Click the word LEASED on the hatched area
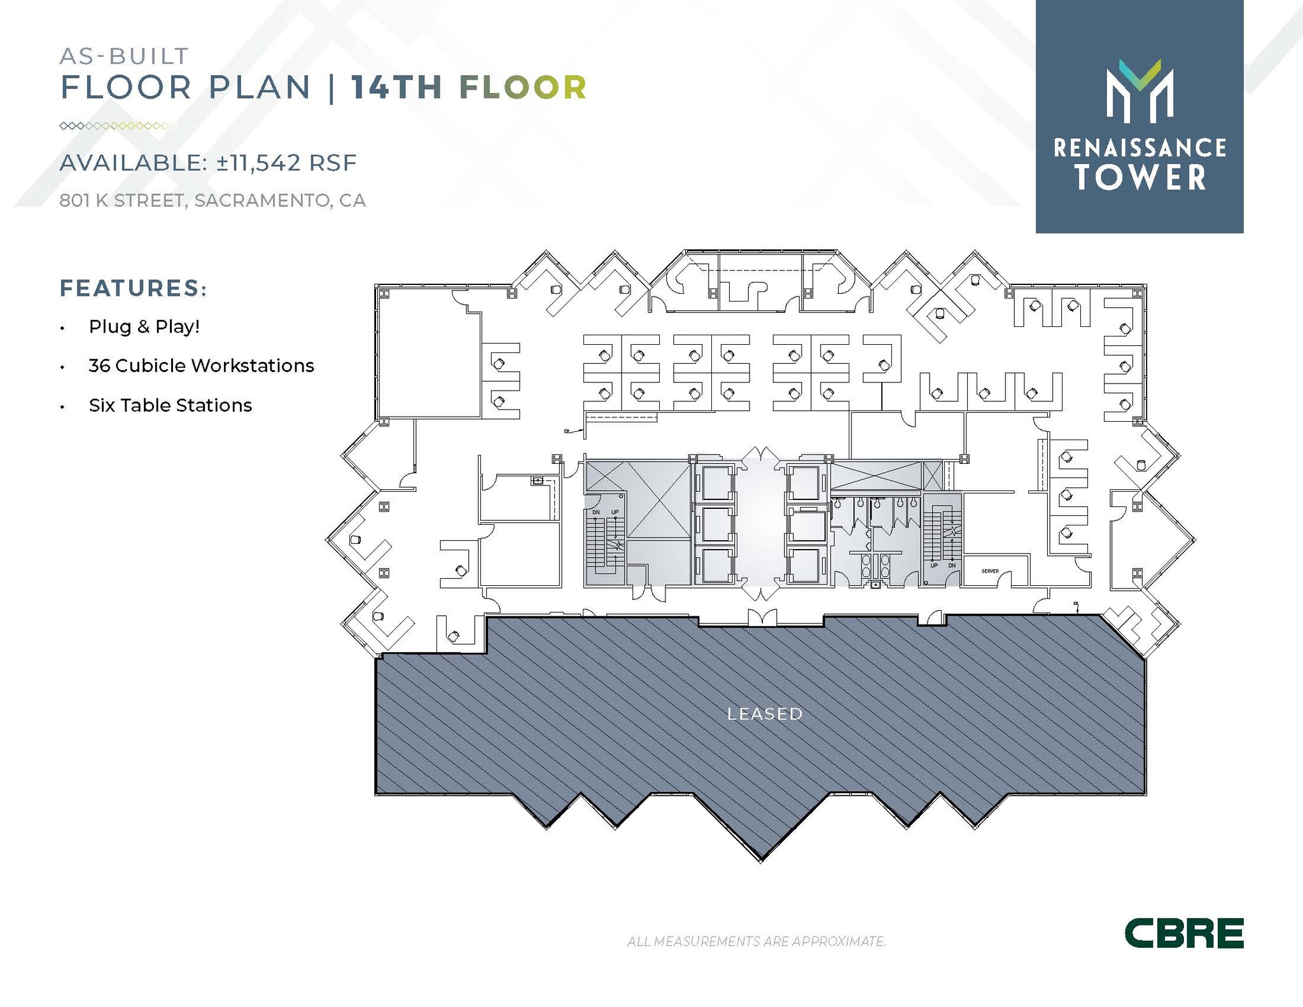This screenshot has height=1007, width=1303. (x=765, y=714)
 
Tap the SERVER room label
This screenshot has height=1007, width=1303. (x=990, y=571)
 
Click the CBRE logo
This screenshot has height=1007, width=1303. (x=1183, y=933)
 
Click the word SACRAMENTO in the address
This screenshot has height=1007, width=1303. (x=262, y=200)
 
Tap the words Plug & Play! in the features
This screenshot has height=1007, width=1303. (x=144, y=326)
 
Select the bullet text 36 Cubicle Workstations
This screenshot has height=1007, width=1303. (x=201, y=366)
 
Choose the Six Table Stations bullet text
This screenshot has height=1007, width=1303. (x=171, y=405)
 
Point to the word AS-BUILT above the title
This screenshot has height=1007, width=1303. (x=124, y=56)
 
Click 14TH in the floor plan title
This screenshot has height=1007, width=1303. (x=397, y=88)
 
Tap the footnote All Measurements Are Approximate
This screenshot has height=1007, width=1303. (x=756, y=941)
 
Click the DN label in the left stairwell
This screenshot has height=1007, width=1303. (x=596, y=512)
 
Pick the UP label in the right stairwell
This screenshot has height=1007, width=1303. (x=934, y=565)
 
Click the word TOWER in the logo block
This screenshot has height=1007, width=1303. (x=1140, y=177)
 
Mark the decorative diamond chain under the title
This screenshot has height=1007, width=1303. (x=115, y=126)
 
